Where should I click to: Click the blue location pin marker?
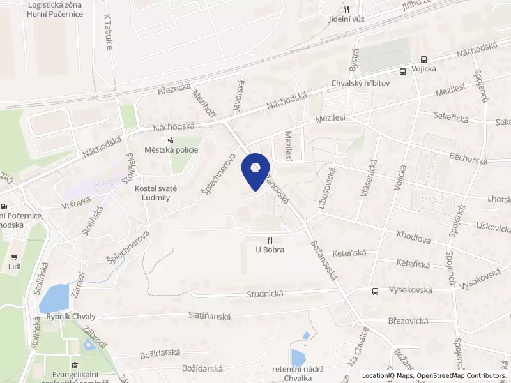coord(256,170)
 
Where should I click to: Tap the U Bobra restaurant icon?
coord(270,240)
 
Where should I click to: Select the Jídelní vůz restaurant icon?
coord(347,9)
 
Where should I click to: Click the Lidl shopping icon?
coord(13,253)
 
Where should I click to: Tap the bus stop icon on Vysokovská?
coord(375,291)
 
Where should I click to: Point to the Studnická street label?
coord(264,294)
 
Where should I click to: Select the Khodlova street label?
coord(414,236)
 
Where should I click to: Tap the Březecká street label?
coord(174,90)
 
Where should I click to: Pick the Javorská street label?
coord(240,96)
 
